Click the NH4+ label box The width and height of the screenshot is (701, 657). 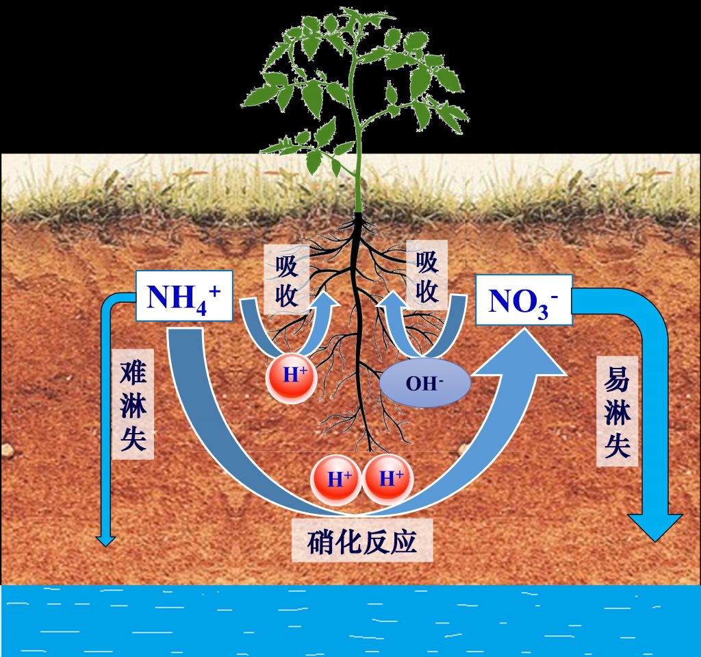[x=184, y=296]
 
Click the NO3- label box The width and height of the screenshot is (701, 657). [x=524, y=299]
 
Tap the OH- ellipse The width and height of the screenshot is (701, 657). [x=424, y=383]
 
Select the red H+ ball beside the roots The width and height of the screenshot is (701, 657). [x=292, y=377]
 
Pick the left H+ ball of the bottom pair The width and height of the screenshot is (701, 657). [x=337, y=480]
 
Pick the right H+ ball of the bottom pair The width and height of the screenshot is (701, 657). [x=387, y=479]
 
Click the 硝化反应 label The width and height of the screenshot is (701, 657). [x=362, y=540]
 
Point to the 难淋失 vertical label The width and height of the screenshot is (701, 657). [x=133, y=404]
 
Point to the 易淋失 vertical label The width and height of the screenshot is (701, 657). [x=617, y=411]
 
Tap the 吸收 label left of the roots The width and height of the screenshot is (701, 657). [x=287, y=280]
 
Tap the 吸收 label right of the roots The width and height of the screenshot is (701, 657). [x=427, y=275]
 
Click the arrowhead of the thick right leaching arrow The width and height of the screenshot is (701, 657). [x=655, y=528]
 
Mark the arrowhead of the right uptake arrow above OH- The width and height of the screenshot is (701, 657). [x=394, y=303]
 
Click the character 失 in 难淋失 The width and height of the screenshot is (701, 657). [x=133, y=438]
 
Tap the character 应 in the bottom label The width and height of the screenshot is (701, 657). [x=403, y=541]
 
